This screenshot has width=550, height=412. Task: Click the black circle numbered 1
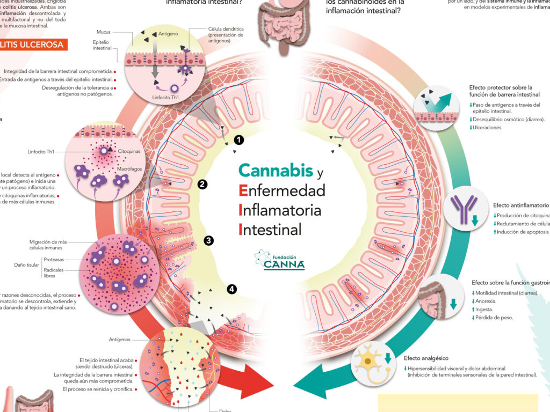(x=239, y=140)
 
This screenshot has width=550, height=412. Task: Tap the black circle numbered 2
(x=202, y=185)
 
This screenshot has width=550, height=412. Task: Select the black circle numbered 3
(x=208, y=240)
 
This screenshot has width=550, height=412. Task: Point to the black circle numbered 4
(x=231, y=289)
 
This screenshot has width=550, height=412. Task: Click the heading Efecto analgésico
(x=426, y=358)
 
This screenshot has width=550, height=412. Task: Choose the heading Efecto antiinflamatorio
(x=520, y=205)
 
